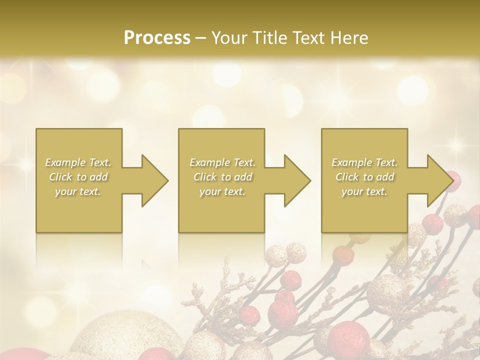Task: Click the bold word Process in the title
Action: coord(157,38)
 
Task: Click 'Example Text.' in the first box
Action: coord(78,162)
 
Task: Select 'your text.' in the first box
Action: coord(78,191)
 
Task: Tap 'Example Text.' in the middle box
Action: coord(222,162)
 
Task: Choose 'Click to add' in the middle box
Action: coord(222,177)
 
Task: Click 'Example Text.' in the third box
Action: coord(364,162)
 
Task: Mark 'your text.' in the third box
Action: coord(364,191)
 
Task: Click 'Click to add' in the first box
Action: coord(78,177)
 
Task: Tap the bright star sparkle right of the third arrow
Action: coord(456,145)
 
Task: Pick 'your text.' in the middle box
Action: coord(222,191)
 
